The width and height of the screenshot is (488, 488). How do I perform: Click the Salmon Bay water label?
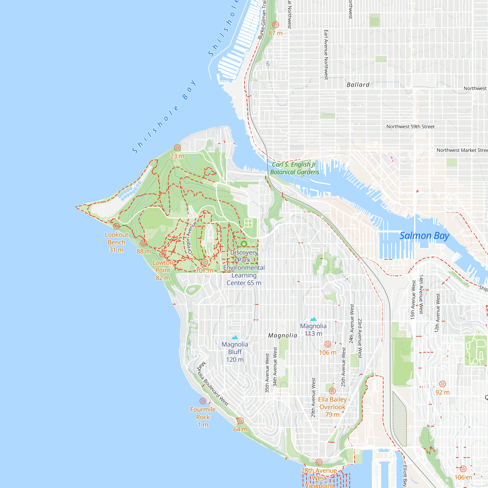click(424, 236)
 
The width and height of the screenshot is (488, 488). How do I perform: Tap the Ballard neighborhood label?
click(358, 85)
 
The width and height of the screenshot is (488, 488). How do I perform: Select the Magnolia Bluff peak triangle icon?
click(235, 337)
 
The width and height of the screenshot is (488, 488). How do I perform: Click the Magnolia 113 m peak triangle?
click(313, 319)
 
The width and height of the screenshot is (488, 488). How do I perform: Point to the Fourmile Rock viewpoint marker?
click(203, 401)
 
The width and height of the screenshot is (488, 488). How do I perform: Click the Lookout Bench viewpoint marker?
click(116, 226)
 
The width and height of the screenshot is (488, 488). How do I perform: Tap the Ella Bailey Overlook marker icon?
click(332, 391)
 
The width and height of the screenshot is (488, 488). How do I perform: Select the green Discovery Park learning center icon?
click(244, 244)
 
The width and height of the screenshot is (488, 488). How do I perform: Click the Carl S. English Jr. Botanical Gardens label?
click(295, 168)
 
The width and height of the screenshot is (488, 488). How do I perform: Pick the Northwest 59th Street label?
click(410, 127)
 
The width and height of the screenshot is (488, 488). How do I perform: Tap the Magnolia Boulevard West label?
click(213, 384)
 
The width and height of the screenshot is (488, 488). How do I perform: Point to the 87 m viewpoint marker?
click(275, 25)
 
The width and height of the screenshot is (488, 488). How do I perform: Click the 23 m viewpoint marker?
click(177, 148)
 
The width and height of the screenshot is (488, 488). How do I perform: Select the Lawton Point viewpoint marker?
click(163, 254)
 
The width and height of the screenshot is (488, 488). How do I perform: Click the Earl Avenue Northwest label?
click(326, 55)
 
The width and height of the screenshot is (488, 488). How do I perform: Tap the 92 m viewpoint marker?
click(443, 384)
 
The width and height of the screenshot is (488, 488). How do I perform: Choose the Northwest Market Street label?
click(462, 150)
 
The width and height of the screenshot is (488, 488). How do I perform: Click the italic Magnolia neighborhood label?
click(283, 335)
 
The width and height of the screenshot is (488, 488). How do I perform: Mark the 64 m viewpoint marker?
click(240, 421)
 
